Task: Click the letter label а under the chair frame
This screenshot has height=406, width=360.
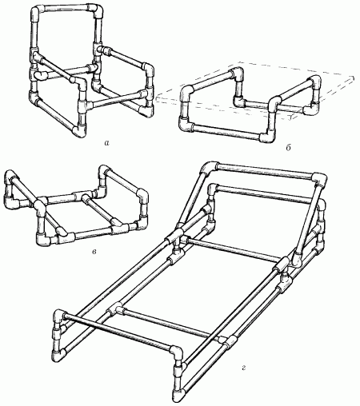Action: pos(106,143)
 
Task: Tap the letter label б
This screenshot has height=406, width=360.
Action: pos(288,148)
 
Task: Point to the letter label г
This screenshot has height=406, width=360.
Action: pos(243,368)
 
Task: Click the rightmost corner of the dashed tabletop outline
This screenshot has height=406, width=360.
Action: pos(354,78)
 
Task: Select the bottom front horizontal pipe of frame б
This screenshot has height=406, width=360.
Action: pos(226,132)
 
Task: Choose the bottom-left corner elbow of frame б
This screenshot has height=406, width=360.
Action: pos(186,125)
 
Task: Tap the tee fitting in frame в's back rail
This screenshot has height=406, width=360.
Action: pos(81,196)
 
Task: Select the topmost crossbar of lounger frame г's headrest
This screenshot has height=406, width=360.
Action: pos(265,170)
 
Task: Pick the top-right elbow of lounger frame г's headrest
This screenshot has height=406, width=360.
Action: pos(319,180)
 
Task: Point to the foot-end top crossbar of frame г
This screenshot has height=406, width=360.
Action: pos(118,331)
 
